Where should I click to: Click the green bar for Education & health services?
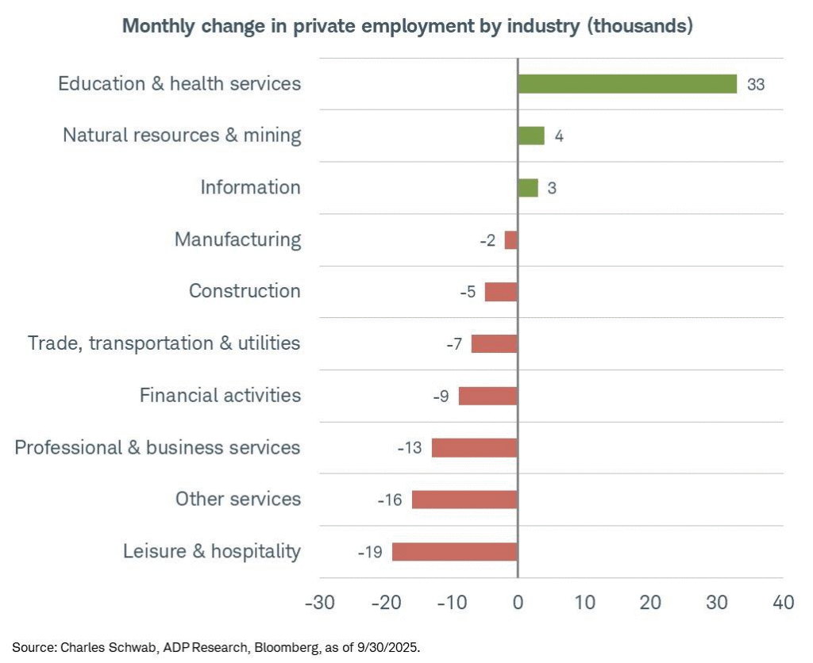click(627, 84)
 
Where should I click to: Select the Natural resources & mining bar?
click(531, 136)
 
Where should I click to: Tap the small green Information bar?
click(528, 188)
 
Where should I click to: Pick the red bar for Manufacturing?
click(511, 240)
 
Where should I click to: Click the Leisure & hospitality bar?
click(455, 552)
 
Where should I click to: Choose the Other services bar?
click(464, 500)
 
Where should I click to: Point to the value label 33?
click(756, 84)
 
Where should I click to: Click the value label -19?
click(370, 552)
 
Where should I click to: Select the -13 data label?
click(410, 448)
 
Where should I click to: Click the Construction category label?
click(245, 291)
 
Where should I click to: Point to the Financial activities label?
click(220, 395)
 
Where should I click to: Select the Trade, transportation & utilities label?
click(164, 343)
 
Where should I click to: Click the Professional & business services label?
click(157, 447)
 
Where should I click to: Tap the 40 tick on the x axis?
click(784, 603)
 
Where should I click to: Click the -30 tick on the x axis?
click(319, 603)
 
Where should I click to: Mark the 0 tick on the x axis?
click(518, 603)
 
